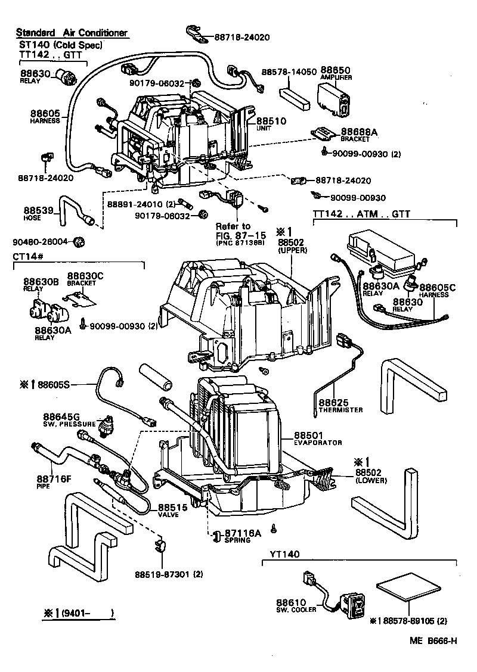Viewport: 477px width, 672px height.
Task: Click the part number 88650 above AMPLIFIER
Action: [336, 70]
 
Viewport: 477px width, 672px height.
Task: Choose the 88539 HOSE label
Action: [40, 213]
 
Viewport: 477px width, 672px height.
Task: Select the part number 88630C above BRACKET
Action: [85, 276]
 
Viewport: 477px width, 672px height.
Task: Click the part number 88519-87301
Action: [169, 575]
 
